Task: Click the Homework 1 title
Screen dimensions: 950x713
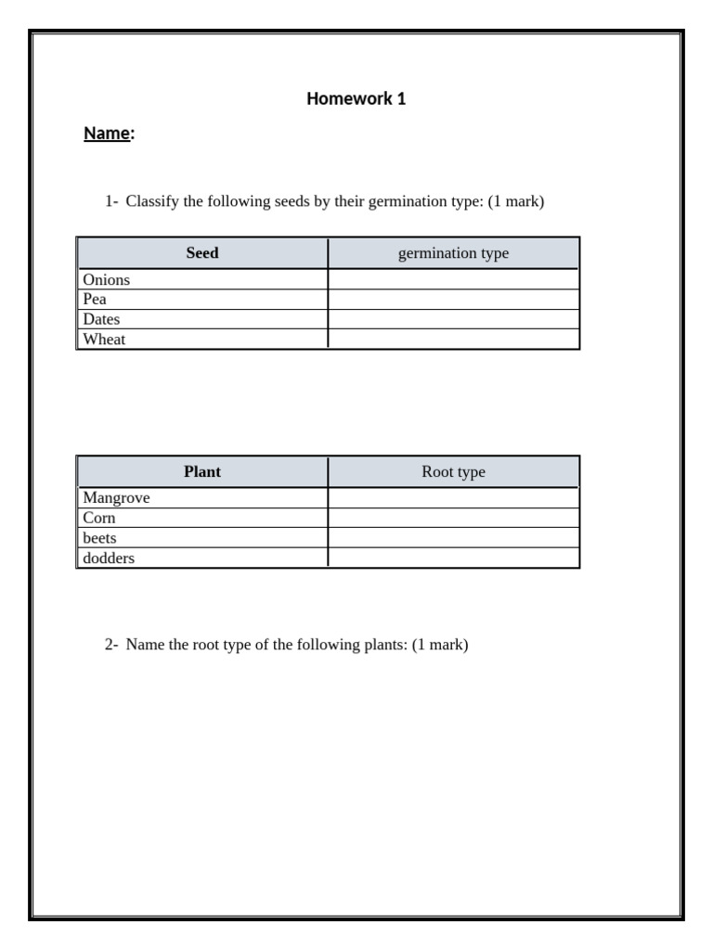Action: (356, 99)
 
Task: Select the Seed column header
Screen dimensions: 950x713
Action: (202, 253)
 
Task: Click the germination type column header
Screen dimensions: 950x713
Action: (453, 253)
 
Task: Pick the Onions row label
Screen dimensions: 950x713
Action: (106, 280)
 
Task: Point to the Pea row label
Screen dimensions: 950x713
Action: (95, 300)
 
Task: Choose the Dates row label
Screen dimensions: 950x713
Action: (101, 319)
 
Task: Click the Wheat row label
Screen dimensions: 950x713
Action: (104, 340)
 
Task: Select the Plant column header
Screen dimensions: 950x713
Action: (202, 472)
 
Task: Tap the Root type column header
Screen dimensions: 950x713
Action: (453, 472)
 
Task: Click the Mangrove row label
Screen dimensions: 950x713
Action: (116, 498)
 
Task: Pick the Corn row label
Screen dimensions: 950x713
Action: (99, 519)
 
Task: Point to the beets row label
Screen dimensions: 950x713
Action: (99, 538)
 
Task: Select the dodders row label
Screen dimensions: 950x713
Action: (109, 558)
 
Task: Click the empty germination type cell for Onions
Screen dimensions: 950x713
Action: (453, 280)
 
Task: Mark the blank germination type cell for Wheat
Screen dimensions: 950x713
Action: (453, 340)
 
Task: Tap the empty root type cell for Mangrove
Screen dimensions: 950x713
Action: (453, 498)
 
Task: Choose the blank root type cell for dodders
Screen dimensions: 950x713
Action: (453, 558)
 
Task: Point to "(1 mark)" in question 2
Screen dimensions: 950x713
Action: (440, 645)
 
